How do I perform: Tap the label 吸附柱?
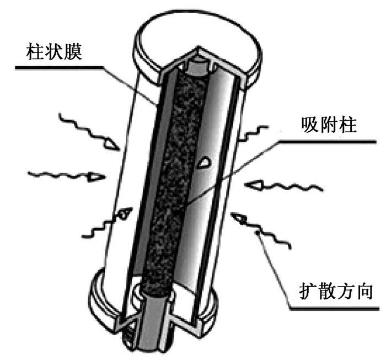(x=329, y=126)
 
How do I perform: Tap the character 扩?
(x=303, y=291)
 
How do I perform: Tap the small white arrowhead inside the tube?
(x=203, y=162)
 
